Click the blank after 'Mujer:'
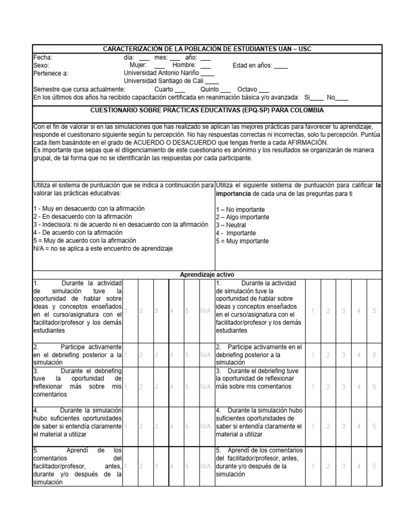point(159,66)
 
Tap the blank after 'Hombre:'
point(205,66)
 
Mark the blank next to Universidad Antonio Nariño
point(208,74)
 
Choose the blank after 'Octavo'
point(263,90)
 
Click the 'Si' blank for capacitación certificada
point(317,98)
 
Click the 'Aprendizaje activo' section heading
point(206,275)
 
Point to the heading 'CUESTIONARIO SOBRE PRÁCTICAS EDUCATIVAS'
point(207,110)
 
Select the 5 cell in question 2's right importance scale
point(374,355)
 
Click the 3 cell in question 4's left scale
point(156,426)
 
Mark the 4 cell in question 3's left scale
point(171,387)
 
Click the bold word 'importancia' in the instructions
point(232,193)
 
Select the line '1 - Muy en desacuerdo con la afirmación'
point(89,208)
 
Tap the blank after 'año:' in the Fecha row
point(205,58)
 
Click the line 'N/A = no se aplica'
point(103,249)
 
